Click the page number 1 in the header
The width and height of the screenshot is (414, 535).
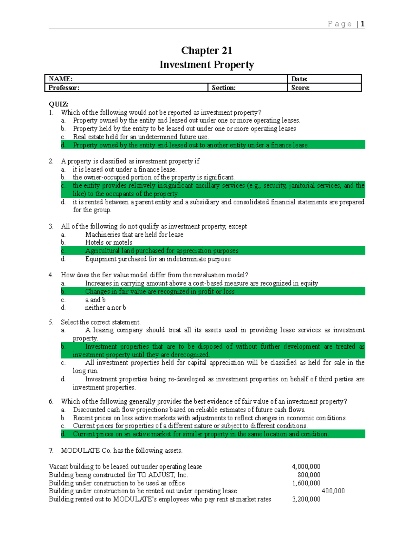[x=363, y=24]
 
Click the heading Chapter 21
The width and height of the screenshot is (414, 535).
[x=207, y=51]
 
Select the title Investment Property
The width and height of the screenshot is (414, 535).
[x=207, y=65]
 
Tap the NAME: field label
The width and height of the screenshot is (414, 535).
[x=61, y=79]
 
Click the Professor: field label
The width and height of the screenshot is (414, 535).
[x=64, y=88]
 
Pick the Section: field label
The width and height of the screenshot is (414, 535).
[x=224, y=88]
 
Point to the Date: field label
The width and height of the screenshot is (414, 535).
[x=299, y=79]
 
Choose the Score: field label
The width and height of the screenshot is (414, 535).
[x=300, y=88]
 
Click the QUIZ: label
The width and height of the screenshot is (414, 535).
[x=59, y=104]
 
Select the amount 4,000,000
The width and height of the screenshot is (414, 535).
[x=306, y=466]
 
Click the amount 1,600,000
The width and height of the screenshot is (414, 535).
[x=306, y=483]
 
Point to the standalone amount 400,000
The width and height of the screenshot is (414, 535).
[x=333, y=491]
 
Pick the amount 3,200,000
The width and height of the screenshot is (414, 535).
[x=306, y=499]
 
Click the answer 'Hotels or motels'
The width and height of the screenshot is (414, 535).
[x=109, y=243]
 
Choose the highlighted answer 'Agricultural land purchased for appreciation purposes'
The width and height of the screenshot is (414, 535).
[x=162, y=251]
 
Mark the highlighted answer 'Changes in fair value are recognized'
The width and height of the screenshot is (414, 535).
[x=160, y=291]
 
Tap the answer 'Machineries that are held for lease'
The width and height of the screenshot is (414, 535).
[x=134, y=235]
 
